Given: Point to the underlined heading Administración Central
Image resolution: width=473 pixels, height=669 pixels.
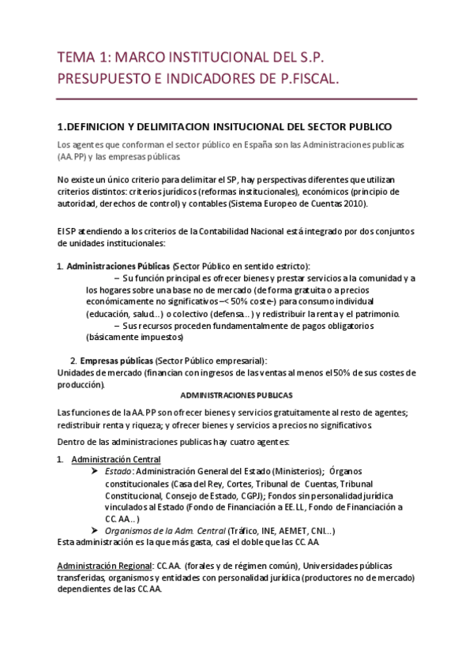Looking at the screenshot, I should [x=116, y=459].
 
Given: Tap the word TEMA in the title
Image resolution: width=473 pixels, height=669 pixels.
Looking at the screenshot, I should [x=76, y=58].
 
